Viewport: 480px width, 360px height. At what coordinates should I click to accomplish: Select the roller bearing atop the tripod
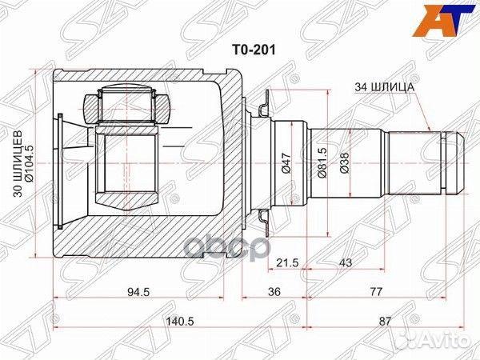click(x=125, y=104)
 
